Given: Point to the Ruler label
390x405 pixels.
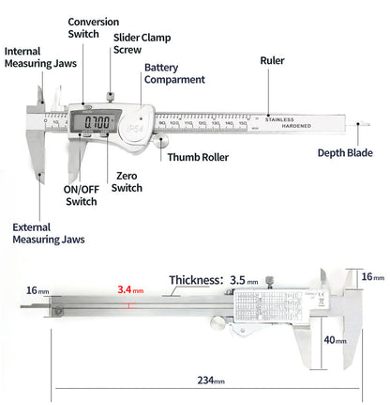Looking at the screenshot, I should [x=272, y=61].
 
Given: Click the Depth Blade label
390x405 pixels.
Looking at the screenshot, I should [x=343, y=153].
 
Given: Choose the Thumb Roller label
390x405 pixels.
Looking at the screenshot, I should [x=198, y=157].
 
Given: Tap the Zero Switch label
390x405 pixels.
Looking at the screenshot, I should [x=127, y=181].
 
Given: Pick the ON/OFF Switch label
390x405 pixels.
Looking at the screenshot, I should [x=80, y=195].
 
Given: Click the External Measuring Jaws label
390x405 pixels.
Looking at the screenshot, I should [x=48, y=233].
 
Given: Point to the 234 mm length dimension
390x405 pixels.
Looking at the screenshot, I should [x=210, y=380].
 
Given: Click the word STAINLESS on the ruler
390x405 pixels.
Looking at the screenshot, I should [x=277, y=119].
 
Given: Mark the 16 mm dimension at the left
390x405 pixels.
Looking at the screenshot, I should [x=37, y=290].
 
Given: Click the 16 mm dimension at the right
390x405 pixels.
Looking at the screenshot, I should [x=371, y=276].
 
